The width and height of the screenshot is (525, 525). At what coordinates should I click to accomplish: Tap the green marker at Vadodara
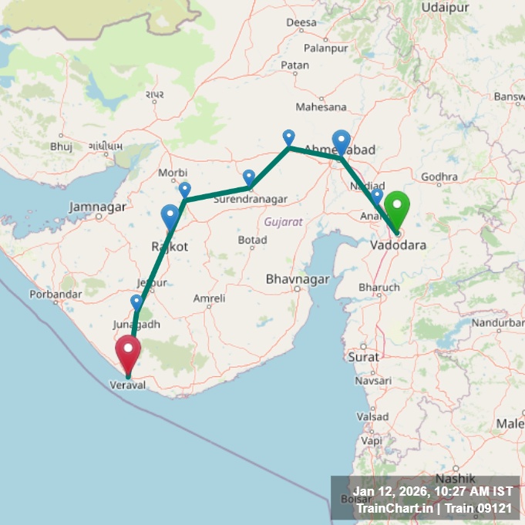[397, 210]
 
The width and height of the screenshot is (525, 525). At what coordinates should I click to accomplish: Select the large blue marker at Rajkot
[170, 216]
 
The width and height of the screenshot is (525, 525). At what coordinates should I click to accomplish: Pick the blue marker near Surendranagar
[249, 178]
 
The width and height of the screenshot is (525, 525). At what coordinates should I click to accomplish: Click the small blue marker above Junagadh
[136, 301]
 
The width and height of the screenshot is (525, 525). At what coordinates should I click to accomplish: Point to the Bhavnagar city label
[297, 278]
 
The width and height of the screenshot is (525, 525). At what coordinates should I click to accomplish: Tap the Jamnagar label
[97, 207]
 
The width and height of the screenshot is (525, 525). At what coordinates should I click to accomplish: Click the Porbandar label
[56, 294]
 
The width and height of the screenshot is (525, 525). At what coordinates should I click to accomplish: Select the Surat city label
[363, 357]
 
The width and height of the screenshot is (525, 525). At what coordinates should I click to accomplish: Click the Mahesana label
[321, 107]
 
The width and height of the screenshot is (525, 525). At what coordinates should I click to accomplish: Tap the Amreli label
[210, 298]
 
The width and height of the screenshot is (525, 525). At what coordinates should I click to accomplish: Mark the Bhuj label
[61, 146]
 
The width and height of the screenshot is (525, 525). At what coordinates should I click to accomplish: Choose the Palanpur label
[326, 48]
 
